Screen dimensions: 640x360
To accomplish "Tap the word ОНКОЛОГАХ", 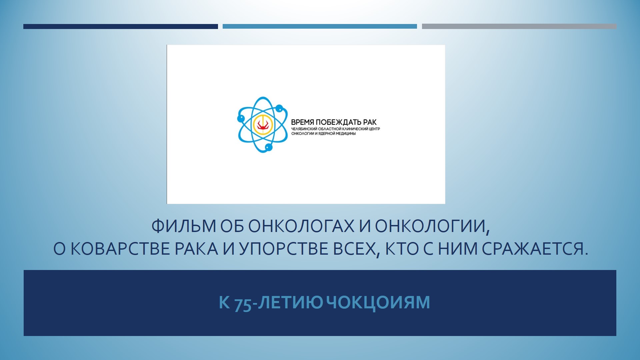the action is click(x=301, y=226).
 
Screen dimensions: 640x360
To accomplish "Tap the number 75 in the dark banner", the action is click(x=243, y=303).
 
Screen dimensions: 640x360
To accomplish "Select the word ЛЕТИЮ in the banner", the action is click(x=290, y=302).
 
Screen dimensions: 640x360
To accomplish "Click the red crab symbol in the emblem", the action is click(x=263, y=125).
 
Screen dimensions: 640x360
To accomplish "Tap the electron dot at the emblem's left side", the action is click(x=241, y=118).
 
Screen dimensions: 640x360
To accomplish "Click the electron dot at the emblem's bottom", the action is click(x=269, y=147).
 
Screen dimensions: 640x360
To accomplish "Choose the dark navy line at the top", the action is click(x=121, y=26).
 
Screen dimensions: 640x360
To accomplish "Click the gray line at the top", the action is click(x=519, y=26).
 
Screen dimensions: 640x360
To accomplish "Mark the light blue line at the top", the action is click(x=320, y=26).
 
